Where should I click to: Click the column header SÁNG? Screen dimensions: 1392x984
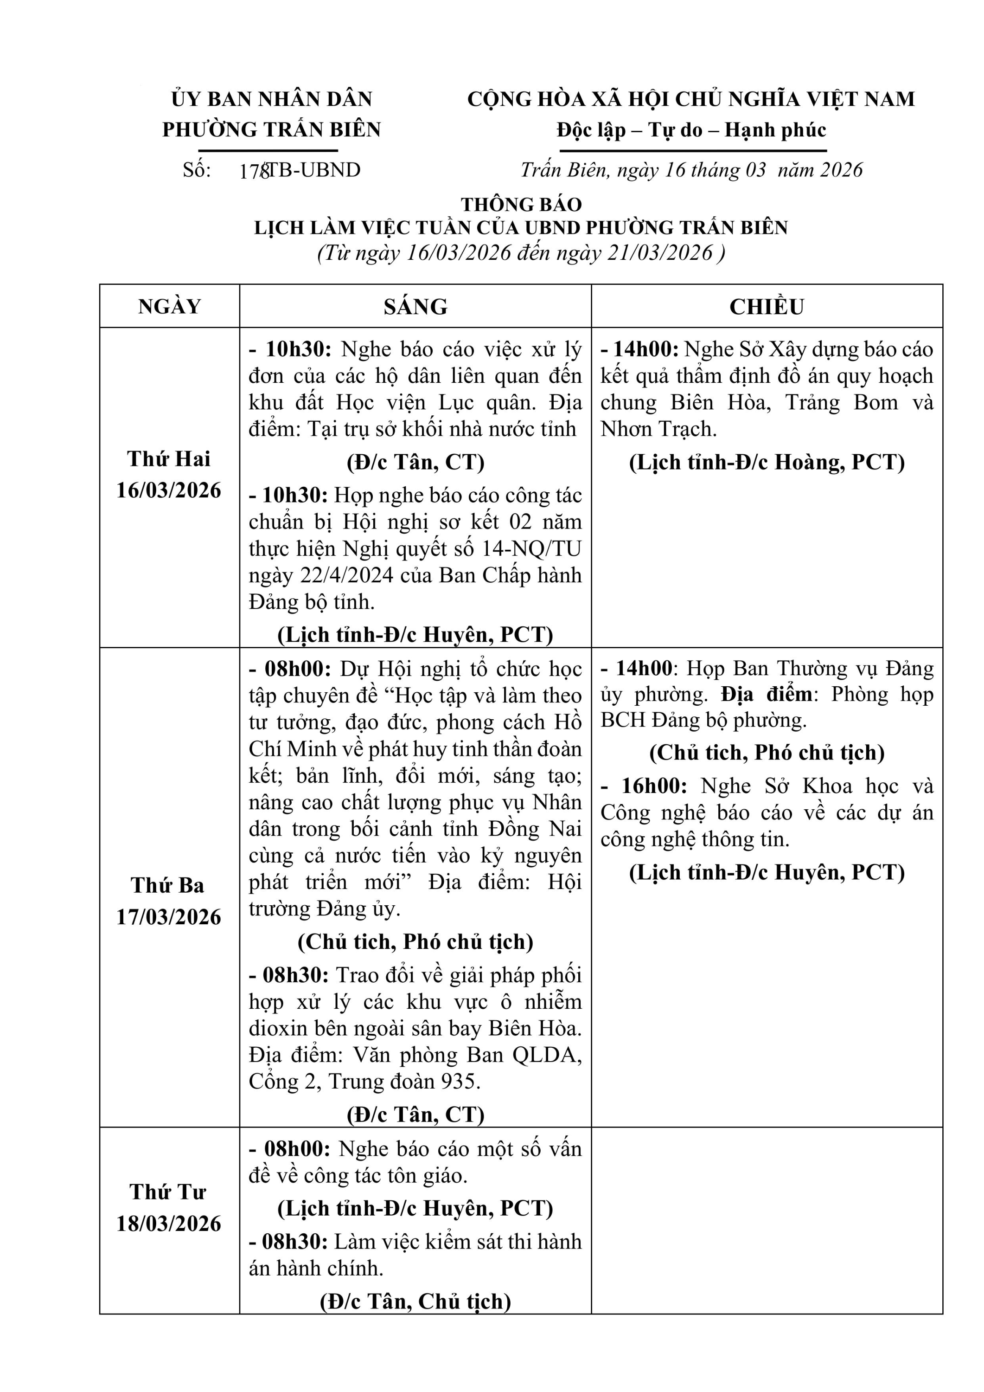[415, 307]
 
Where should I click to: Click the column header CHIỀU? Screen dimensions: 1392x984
[767, 307]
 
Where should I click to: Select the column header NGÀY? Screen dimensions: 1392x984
[170, 307]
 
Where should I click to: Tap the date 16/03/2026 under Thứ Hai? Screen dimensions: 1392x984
[169, 490]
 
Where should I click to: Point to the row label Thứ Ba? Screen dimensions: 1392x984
[168, 886]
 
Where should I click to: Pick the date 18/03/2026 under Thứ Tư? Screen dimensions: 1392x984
[169, 1224]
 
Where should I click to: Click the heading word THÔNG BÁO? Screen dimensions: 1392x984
[521, 204]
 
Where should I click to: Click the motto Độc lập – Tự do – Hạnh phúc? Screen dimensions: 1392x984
[691, 130]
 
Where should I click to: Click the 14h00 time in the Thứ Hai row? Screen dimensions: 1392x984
[645, 350]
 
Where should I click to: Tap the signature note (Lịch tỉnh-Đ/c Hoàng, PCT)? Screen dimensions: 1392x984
[767, 463]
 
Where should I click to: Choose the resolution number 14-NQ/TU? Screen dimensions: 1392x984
[531, 548]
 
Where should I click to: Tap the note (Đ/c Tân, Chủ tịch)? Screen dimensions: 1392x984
[415, 1302]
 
